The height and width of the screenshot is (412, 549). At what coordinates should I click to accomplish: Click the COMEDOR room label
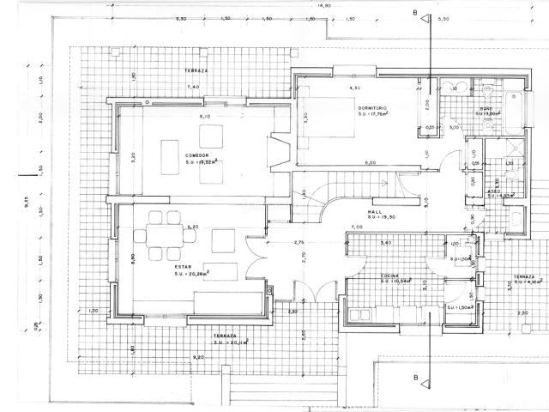(x=198, y=154)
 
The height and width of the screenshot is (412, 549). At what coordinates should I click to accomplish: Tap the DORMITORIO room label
(x=373, y=107)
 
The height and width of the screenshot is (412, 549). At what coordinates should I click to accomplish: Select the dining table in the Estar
(x=160, y=235)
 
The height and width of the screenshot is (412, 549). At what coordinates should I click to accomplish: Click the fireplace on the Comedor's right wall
(x=276, y=153)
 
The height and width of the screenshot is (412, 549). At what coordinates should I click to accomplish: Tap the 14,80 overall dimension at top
(x=323, y=5)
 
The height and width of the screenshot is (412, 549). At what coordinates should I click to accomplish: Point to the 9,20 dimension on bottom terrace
(x=199, y=355)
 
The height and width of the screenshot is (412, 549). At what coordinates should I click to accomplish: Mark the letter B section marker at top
(x=415, y=13)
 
